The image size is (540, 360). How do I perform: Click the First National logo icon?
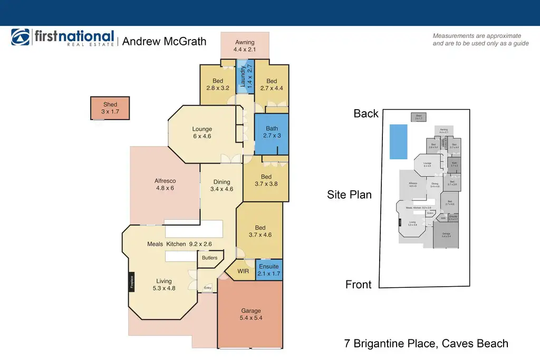coord(21,38)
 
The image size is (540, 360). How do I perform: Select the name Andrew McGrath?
coord(165,41)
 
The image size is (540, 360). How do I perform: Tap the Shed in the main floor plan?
coord(110,108)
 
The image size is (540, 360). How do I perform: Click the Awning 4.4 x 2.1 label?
coord(244,46)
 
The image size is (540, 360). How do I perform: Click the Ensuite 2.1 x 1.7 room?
coord(268,270)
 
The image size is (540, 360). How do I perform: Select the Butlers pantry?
coord(209,258)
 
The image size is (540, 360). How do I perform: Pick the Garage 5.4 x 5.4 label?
coord(251,315)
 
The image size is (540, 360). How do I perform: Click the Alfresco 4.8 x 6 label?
coord(164,184)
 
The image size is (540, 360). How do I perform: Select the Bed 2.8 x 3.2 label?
coord(218,84)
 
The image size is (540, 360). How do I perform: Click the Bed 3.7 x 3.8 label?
coord(266,180)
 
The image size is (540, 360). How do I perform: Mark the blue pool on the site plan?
coord(398,141)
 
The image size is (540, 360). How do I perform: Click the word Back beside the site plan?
coord(366,114)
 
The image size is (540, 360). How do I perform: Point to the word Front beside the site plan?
coord(359,285)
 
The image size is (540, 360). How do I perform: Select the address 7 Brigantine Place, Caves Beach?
coord(426,344)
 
